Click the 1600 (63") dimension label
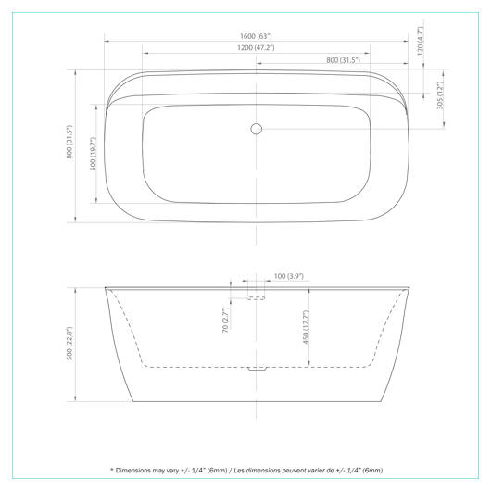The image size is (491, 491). click(256, 36)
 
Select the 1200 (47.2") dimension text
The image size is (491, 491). click(256, 48)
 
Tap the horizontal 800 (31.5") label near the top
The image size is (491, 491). click(343, 60)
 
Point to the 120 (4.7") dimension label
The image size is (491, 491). click(420, 41)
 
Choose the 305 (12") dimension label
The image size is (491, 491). click(440, 95)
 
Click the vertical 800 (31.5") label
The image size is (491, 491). click(69, 142)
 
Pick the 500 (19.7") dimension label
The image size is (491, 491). click(93, 154)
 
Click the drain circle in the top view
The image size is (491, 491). click(256, 129)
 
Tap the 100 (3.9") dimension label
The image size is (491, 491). click(289, 276)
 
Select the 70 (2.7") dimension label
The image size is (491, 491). click(225, 320)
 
